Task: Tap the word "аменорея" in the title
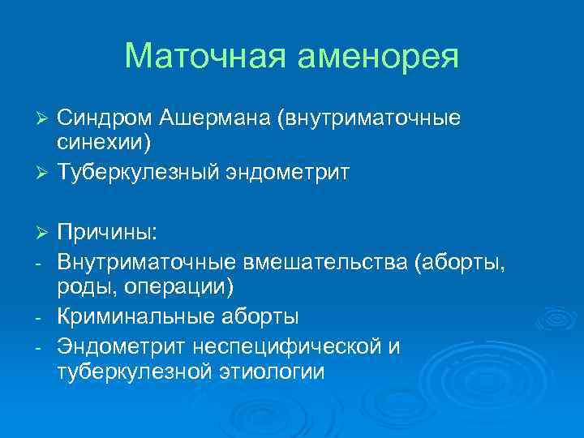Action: (x=381, y=57)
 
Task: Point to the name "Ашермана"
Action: (x=215, y=119)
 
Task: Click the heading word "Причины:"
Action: (x=108, y=233)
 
